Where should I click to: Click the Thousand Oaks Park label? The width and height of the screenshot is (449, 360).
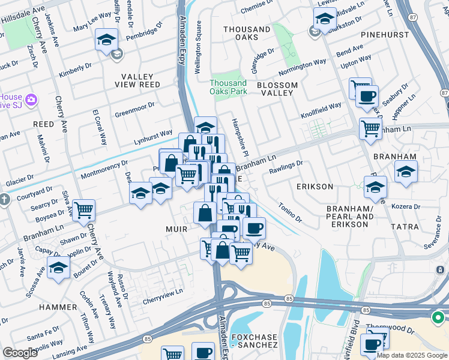coord(228,87)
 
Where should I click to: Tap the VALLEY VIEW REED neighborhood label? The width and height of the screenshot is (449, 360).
coord(141,80)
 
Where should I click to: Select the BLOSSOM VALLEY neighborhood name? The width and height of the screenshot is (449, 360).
coord(277,89)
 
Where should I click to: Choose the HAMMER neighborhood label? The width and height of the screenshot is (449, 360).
coord(58,307)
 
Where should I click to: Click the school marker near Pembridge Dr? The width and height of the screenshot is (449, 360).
coord(106,40)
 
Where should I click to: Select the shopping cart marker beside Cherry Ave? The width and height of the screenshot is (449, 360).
coord(84,210)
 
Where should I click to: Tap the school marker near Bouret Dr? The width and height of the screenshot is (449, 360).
coord(58,268)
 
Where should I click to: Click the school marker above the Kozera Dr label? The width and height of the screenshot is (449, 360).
coord(406,172)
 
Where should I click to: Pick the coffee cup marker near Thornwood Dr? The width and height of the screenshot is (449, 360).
coord(373,344)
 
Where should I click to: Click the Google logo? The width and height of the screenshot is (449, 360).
coord(20,353)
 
